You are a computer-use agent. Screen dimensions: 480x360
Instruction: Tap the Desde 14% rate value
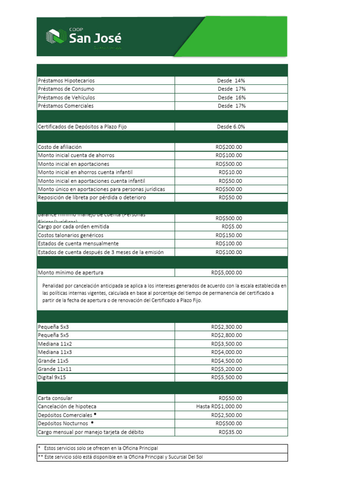pos(231,81)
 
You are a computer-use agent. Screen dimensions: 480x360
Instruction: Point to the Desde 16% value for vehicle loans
pos(232,97)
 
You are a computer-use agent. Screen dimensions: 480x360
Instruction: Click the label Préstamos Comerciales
pos(66,106)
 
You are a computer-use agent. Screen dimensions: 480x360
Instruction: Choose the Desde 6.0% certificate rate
pos(231,127)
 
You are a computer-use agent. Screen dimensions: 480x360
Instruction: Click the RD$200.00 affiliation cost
pos(229,147)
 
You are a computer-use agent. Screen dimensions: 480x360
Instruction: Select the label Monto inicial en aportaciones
pos(74,164)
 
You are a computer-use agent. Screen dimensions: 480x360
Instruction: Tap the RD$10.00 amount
pos(230,172)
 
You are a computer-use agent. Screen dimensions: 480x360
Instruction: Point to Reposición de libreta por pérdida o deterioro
pos(92,197)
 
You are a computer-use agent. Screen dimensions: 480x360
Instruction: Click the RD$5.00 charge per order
pos(232,226)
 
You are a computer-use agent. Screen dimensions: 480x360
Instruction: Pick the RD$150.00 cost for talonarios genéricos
pos(229,235)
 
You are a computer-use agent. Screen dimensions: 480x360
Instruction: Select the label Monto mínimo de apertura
pos(70,272)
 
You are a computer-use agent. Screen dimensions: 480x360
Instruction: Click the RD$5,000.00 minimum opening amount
pos(226,272)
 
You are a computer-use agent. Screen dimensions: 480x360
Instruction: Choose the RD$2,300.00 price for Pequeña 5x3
pos(226,327)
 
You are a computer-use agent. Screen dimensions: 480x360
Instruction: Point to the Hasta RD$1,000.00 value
pos(219,406)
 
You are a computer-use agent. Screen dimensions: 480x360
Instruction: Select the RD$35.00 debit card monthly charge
pos(230,432)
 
